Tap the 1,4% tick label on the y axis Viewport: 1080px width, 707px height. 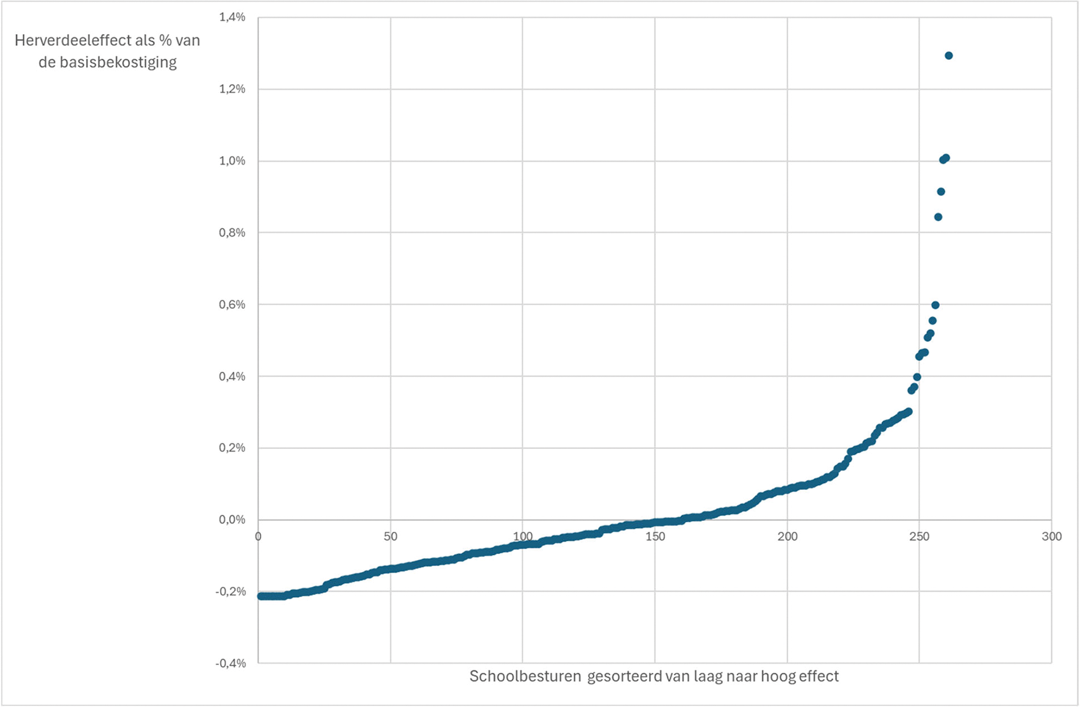[232, 17]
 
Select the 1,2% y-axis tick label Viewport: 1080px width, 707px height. [232, 89]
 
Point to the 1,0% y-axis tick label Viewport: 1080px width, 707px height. [232, 161]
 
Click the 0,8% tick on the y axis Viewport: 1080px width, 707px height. [232, 232]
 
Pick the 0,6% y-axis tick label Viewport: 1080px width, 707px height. [232, 304]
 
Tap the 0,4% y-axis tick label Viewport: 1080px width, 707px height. [232, 376]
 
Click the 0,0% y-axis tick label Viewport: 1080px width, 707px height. [232, 520]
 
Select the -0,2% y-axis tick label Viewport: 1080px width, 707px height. [230, 592]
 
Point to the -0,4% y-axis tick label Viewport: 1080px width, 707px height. [230, 663]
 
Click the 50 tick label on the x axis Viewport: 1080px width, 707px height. [391, 537]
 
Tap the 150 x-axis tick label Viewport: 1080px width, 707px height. [655, 537]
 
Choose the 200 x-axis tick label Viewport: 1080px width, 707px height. [787, 537]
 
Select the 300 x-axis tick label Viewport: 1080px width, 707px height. [1052, 537]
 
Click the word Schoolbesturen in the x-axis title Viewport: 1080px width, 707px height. [525, 676]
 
